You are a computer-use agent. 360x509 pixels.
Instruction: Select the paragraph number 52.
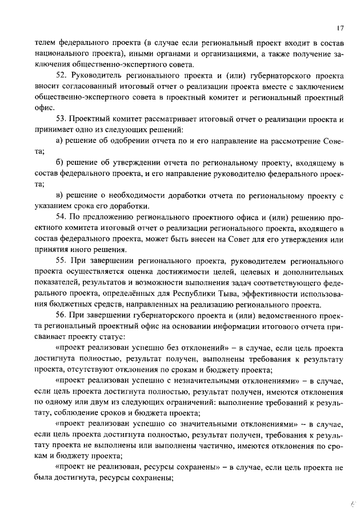62,75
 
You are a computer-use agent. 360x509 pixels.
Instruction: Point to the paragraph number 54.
62,217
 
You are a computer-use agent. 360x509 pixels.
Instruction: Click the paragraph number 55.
62,261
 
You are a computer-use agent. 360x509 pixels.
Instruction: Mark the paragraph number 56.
62,316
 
